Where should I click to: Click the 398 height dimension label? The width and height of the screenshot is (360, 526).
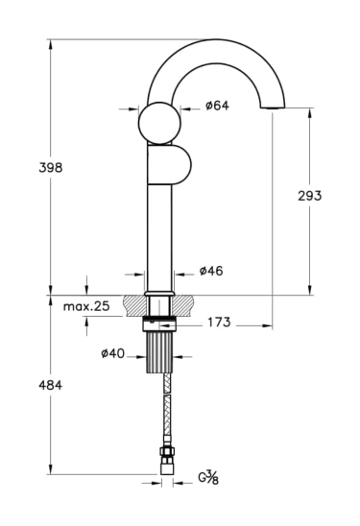[51, 167]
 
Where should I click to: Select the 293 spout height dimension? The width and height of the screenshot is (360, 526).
[310, 196]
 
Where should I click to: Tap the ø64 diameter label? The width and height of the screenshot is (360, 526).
[217, 106]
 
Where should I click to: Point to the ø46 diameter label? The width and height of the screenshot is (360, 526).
[211, 271]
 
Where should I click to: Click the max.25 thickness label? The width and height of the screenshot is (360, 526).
[86, 306]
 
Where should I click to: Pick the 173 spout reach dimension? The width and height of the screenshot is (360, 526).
[219, 323]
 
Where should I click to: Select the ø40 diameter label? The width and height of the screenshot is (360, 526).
[112, 353]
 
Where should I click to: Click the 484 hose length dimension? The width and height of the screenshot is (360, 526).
[50, 385]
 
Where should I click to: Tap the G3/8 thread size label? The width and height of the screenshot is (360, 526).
[208, 477]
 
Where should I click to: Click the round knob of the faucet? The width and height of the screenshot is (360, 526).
[159, 123]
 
